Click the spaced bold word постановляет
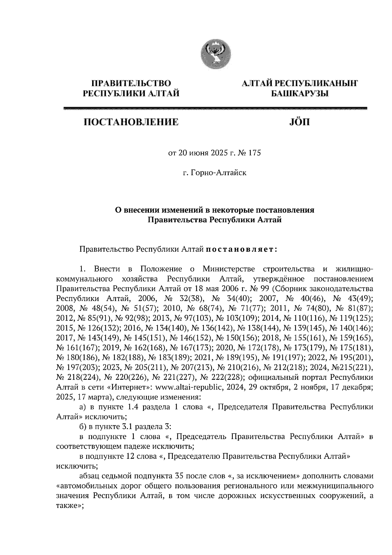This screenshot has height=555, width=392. (241, 249)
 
